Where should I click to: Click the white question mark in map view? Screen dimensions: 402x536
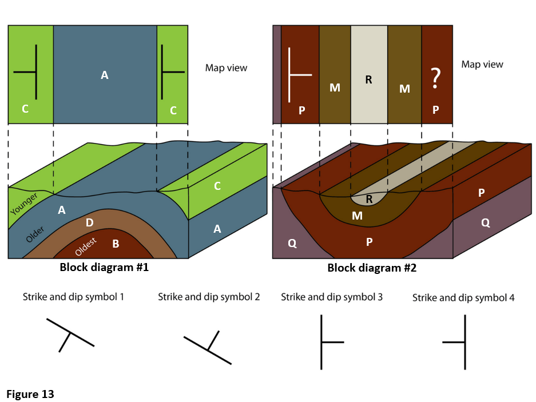coord(435,78)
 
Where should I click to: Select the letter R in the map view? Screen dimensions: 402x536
coord(368,80)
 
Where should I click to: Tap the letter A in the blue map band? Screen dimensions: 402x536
coord(104,75)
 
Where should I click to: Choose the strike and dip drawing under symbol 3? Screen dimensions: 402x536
coord(329,342)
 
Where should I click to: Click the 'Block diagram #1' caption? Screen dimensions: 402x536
coord(104,267)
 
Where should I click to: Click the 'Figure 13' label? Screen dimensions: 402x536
coord(30,394)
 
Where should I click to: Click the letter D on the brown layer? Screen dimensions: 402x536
coord(89,222)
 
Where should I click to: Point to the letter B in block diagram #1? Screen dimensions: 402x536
coord(116,244)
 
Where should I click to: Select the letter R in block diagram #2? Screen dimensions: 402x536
coord(368,199)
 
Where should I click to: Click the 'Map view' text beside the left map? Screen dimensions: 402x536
coord(226,68)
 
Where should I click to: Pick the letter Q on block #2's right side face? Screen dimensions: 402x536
coord(485,223)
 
